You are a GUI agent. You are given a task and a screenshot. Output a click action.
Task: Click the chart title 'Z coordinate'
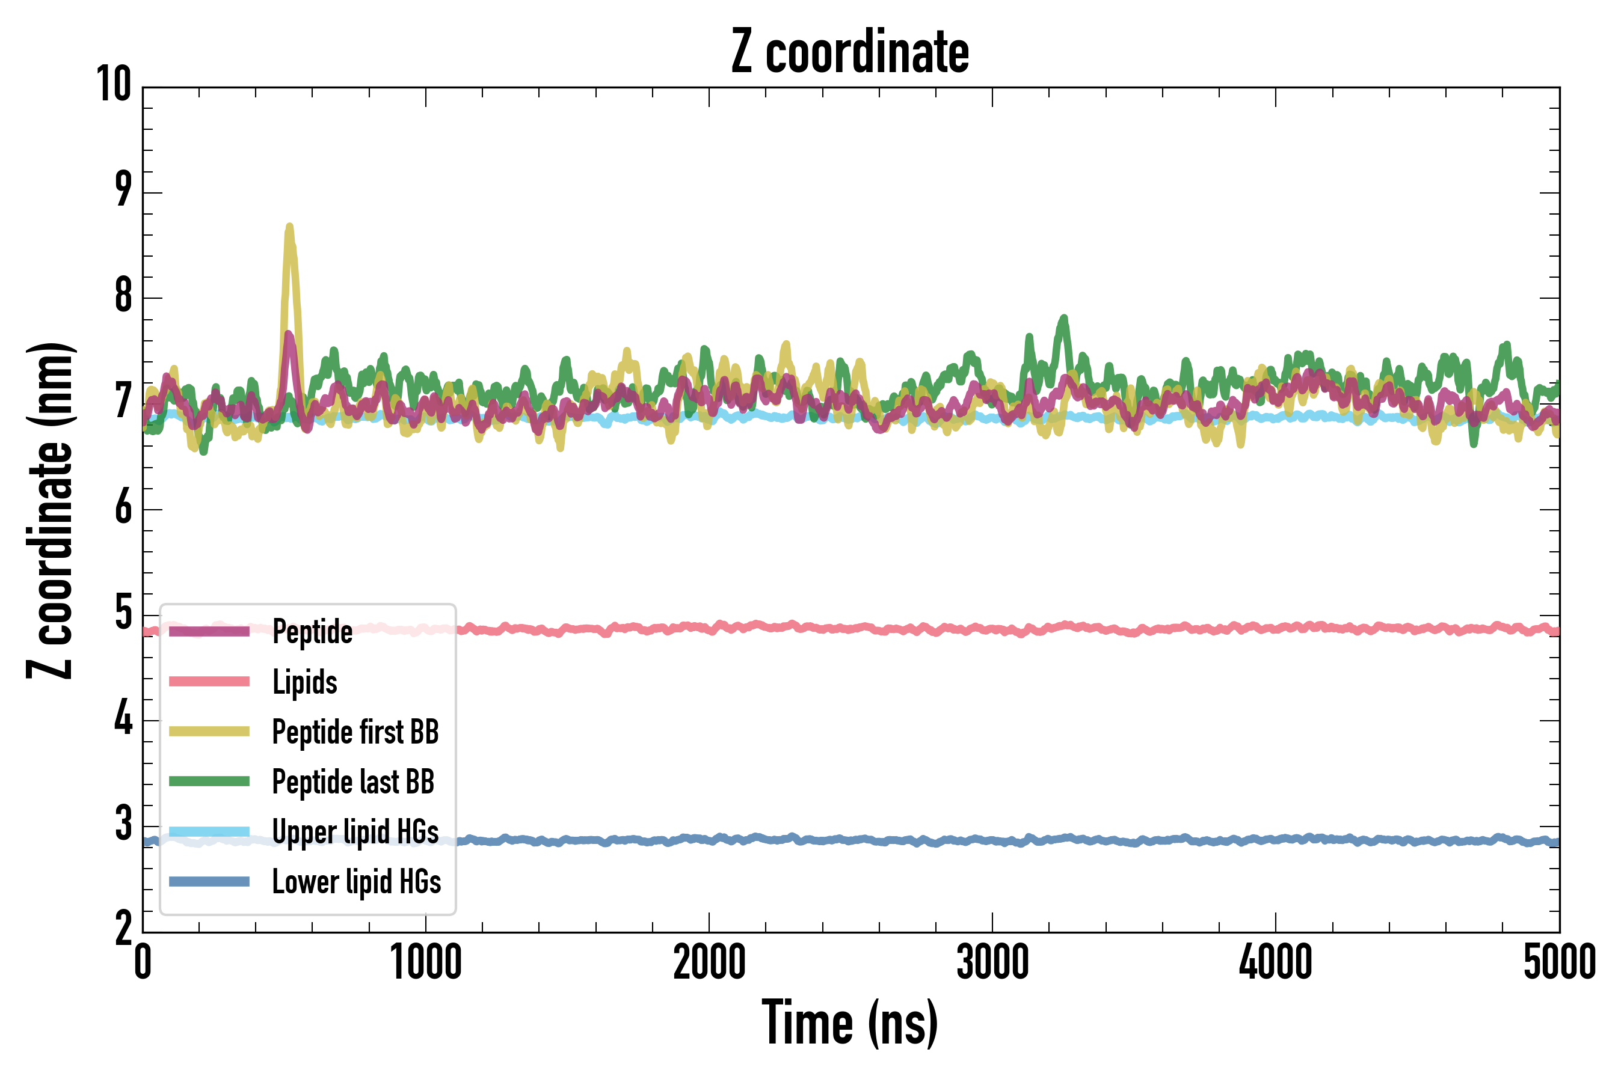[850, 52]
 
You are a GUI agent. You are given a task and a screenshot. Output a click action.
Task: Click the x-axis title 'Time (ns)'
[850, 1023]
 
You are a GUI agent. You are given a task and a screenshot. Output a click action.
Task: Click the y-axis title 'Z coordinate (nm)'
[50, 510]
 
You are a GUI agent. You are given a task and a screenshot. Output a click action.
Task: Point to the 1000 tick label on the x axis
[426, 962]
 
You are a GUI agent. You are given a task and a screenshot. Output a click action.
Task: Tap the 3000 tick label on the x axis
[992, 962]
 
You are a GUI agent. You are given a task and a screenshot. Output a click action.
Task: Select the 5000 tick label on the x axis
[1559, 962]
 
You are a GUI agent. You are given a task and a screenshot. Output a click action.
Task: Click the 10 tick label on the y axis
[114, 85]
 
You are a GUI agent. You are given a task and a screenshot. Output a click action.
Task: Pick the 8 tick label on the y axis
[123, 297]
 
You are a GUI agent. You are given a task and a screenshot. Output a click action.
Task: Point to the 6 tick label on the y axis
[123, 509]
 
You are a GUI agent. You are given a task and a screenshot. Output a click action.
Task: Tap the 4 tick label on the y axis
[123, 720]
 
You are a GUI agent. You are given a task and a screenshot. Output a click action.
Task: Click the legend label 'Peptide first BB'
[355, 732]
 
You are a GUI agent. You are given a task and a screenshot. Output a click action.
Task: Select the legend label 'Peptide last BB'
[353, 782]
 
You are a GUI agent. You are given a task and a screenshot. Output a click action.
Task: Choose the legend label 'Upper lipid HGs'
[355, 832]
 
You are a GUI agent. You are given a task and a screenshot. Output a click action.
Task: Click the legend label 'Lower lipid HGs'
[356, 882]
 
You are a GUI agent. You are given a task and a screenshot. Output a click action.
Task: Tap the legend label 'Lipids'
[304, 682]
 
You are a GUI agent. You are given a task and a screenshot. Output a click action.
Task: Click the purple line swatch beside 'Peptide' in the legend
[209, 631]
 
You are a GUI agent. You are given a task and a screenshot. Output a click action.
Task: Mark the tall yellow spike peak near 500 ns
[289, 227]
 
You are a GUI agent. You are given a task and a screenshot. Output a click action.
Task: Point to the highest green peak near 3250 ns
[1064, 318]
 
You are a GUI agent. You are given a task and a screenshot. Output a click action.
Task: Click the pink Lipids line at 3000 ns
[992, 629]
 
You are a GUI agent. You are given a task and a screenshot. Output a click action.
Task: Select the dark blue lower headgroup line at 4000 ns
[1275, 840]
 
